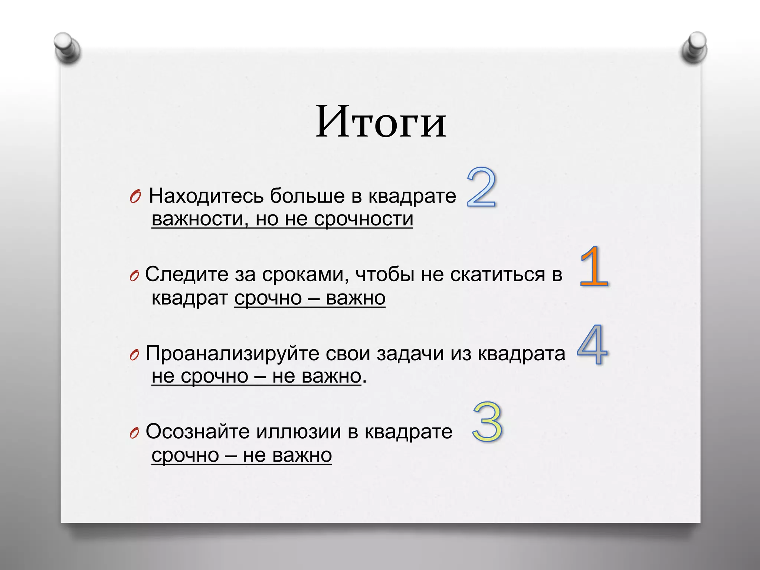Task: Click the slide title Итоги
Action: point(381,122)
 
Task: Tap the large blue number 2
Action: point(481,187)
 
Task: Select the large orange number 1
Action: point(594,267)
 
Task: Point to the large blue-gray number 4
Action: point(592,345)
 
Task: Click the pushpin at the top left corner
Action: point(67,48)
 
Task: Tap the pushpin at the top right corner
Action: point(694,47)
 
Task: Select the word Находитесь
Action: point(206,196)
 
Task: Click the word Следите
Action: point(187,275)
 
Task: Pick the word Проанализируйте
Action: point(233,353)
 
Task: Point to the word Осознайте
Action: point(197,432)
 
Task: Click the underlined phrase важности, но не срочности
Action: point(282,219)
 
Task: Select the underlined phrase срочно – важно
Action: point(310,298)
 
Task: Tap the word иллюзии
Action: point(298,432)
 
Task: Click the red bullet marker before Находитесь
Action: point(135,197)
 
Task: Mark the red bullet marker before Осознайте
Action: point(134,433)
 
